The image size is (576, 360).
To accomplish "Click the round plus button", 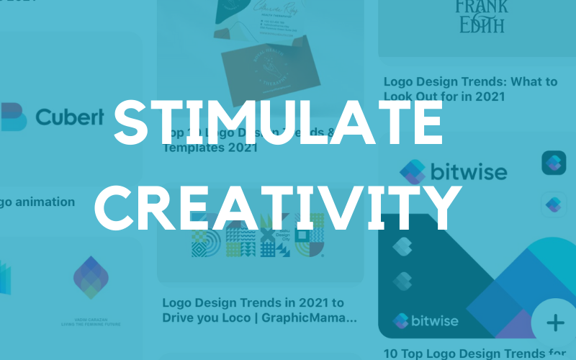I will [x=555, y=322].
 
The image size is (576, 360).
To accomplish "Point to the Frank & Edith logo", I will [x=480, y=16].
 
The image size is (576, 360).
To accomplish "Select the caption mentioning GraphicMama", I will [x=259, y=310].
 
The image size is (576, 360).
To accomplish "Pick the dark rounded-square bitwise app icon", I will [x=554, y=163].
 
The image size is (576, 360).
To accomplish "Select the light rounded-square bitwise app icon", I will [x=554, y=204].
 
